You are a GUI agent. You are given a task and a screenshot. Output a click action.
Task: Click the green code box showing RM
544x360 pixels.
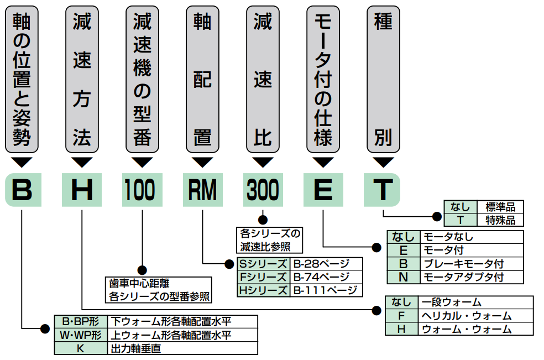coord(202,190)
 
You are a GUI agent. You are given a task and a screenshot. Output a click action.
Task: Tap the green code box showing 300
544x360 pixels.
coord(263,190)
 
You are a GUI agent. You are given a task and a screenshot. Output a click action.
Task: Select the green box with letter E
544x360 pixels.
coord(323,190)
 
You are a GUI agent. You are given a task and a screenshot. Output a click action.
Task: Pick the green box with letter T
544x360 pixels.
coord(382,190)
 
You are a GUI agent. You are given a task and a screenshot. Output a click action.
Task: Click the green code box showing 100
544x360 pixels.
coord(142,190)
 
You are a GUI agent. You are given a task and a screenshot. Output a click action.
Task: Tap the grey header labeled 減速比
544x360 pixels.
coord(263,79)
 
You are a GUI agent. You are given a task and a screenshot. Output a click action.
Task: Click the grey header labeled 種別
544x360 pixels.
coord(383,79)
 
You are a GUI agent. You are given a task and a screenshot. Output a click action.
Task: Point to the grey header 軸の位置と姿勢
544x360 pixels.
coord(22,79)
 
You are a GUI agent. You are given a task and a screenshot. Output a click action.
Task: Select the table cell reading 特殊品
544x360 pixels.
coord(500,220)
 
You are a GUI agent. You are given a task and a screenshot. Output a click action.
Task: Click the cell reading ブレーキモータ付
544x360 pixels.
coord(472,264)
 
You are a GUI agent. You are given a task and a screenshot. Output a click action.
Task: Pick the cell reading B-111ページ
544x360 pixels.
coord(326,290)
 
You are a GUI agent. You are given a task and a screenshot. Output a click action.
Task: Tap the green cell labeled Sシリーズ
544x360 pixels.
coord(263,264)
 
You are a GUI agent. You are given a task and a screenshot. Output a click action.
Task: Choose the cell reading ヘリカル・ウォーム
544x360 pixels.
coord(475,316)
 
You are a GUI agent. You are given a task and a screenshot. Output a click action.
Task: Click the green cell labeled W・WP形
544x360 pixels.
coord(81,335)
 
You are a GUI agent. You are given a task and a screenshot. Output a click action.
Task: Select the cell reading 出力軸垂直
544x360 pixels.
coord(182,348)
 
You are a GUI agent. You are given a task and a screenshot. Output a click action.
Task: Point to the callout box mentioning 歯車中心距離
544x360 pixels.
coord(159,290)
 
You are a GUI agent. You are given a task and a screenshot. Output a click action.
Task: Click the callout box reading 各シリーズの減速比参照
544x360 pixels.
coord(270,240)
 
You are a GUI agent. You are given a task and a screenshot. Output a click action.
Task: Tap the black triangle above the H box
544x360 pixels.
coord(82,162)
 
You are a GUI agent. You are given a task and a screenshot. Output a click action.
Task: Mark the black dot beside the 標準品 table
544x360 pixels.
coord(437,217)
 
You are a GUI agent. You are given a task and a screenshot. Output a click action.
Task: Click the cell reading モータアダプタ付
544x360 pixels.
coord(472,277)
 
